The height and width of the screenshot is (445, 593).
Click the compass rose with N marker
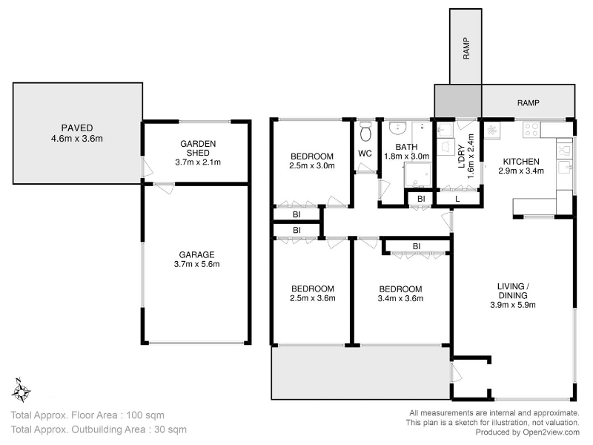21,391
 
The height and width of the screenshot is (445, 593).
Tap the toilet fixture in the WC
365,131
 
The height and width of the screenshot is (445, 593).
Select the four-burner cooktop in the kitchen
531,129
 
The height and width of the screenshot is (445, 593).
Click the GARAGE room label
196,254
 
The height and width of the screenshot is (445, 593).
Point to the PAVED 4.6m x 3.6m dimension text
77,139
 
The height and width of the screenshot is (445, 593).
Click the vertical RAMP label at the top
466,48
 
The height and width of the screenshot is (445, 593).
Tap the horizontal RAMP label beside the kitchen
529,102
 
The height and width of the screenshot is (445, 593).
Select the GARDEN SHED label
198,148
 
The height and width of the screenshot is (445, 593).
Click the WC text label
365,154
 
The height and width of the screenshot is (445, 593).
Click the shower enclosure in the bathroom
418,175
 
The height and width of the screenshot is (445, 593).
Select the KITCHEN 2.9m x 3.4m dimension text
521,171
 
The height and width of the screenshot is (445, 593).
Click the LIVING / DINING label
513,291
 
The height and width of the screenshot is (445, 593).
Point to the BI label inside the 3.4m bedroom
417,246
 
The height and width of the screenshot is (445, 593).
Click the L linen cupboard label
457,199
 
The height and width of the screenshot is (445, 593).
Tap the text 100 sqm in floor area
145,415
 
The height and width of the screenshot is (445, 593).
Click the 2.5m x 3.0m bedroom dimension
312,165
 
